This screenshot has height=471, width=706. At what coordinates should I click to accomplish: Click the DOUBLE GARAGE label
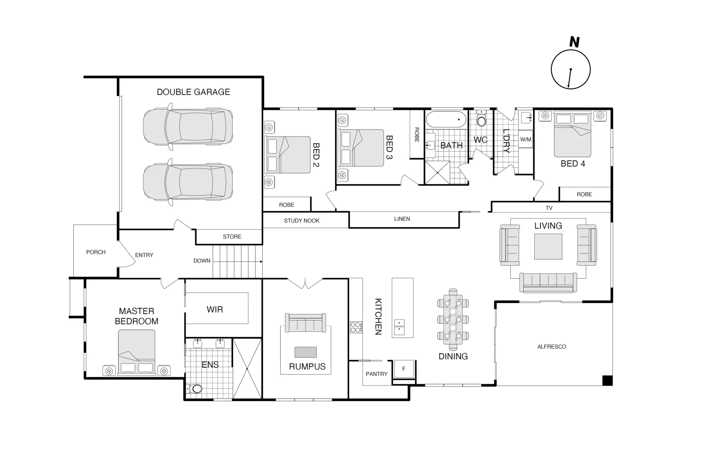[x=193, y=92]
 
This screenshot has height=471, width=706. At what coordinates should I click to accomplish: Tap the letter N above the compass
[x=574, y=42]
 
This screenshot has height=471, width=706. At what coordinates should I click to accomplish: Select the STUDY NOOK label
[x=302, y=221]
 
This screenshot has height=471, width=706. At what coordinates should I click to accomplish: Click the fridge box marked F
[x=404, y=369]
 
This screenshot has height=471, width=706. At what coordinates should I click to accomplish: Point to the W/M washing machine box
[x=526, y=140]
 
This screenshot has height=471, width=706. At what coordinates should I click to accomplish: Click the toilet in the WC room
[x=481, y=119]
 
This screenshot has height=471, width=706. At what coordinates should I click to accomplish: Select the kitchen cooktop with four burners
[x=356, y=327]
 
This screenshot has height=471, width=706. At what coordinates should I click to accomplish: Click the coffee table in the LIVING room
[x=548, y=247]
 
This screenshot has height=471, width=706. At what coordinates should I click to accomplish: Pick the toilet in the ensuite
[x=196, y=389]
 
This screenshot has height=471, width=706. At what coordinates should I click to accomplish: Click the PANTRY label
[x=377, y=374]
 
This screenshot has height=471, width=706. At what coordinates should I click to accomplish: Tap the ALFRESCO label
[x=551, y=347]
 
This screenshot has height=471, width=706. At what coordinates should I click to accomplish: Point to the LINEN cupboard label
[x=402, y=219]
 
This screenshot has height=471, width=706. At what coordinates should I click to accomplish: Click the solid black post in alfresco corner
[x=607, y=380]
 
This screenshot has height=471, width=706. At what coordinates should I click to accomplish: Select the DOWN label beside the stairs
[x=202, y=261]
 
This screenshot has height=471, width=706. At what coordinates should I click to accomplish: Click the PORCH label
[x=96, y=252]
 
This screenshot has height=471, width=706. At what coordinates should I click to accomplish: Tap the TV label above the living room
[x=549, y=208]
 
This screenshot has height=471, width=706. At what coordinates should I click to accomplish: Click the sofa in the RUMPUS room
[x=305, y=323]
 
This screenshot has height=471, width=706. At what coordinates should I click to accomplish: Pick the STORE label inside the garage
[x=232, y=237]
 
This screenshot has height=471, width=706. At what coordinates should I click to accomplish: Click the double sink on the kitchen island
[x=399, y=327]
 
